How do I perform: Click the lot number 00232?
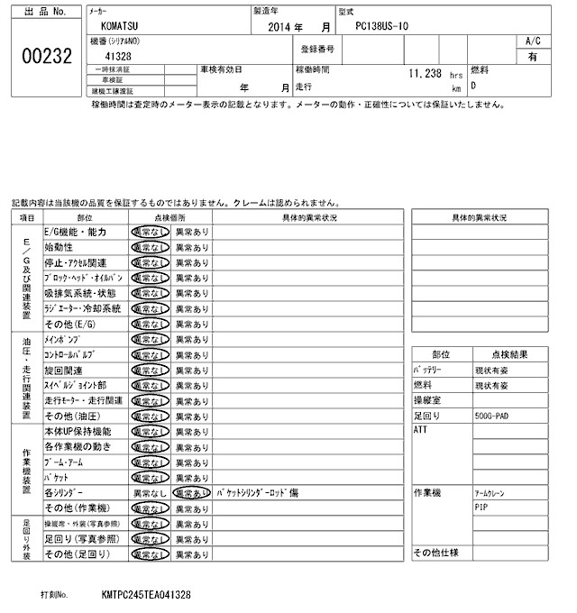[x=45, y=55]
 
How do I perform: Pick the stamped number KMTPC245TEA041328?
[x=145, y=596]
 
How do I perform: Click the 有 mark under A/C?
[x=532, y=56]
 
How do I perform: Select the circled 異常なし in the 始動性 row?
[x=150, y=247]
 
